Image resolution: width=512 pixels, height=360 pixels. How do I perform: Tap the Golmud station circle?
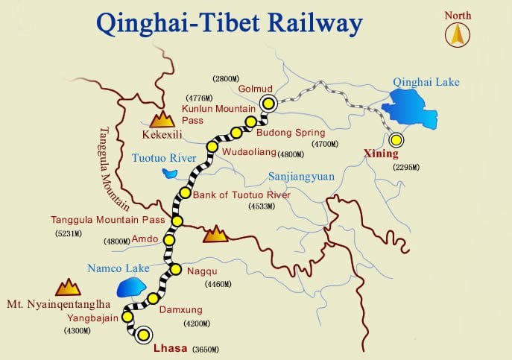[266, 104]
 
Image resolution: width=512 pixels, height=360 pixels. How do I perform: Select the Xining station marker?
[396, 139]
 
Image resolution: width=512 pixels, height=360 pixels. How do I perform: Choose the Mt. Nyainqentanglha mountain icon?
[68, 287]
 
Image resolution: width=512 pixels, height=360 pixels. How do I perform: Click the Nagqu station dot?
[176, 269]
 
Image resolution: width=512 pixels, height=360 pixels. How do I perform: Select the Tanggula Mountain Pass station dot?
[177, 221]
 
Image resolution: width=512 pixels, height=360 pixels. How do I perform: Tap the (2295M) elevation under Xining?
[406, 167]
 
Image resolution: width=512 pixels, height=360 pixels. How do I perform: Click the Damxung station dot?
[153, 298]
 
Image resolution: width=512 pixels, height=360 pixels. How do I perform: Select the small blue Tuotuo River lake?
[170, 174]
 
